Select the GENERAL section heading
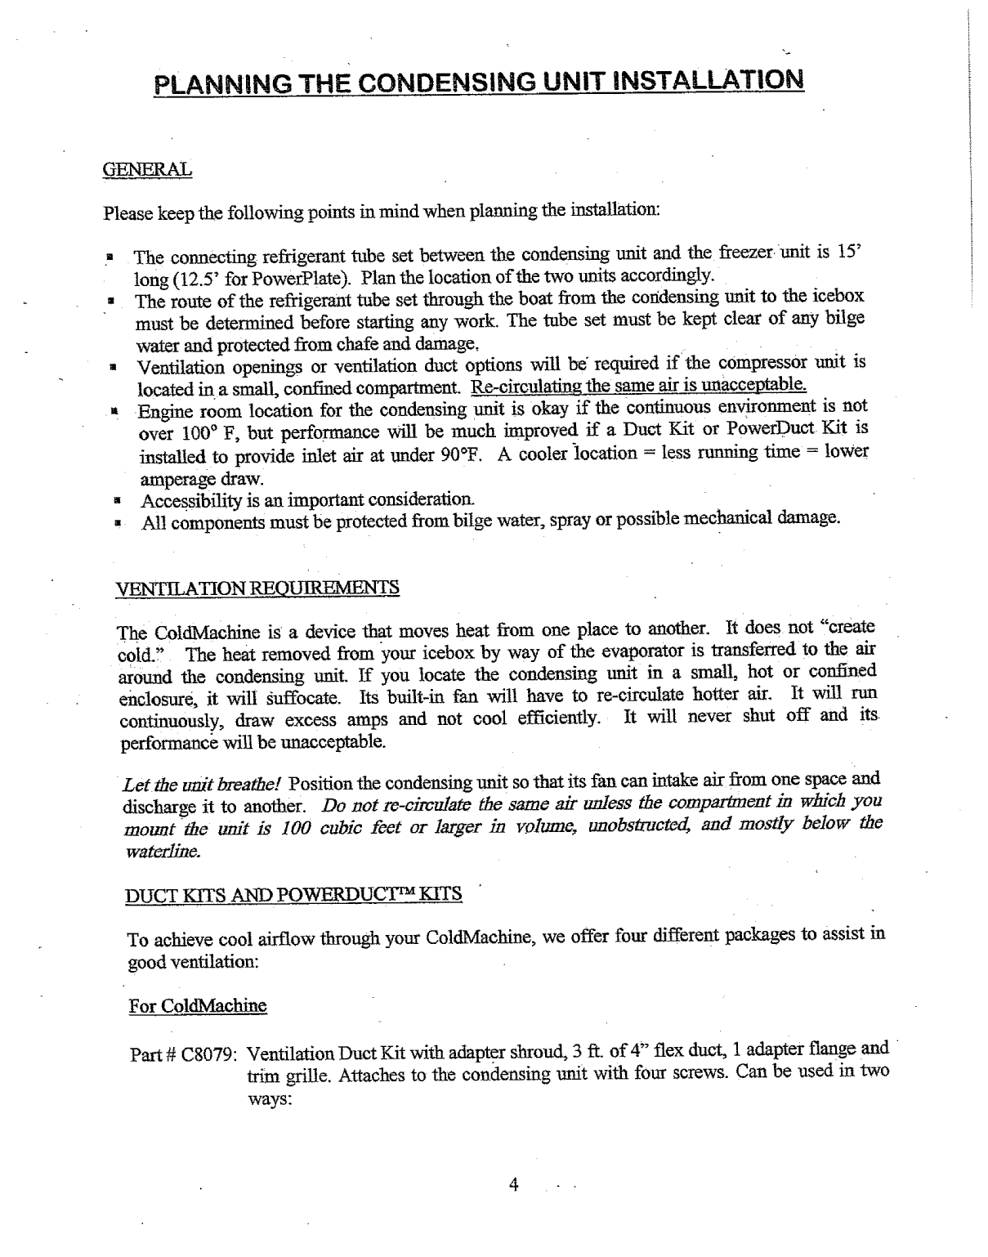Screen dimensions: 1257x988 [147, 170]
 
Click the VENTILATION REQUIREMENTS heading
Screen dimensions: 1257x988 [258, 588]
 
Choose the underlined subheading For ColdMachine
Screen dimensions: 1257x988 [198, 1004]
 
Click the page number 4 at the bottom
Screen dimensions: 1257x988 [513, 1185]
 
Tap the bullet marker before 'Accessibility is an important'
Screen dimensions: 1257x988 [117, 499]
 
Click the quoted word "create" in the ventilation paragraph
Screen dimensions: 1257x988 [851, 628]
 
